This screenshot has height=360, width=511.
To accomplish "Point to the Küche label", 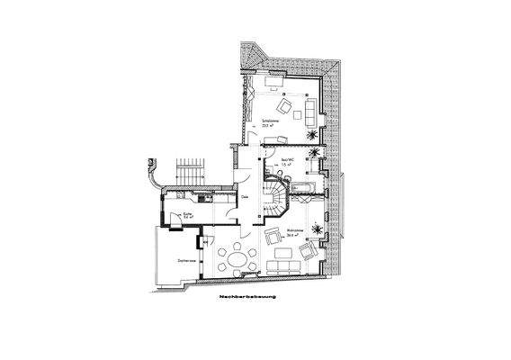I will click(x=187, y=216).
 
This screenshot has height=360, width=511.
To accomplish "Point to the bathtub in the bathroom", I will click(x=304, y=186).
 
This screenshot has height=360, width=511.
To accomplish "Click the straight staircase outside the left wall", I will click(x=191, y=172).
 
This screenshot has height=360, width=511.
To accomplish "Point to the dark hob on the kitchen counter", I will click(x=204, y=196).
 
